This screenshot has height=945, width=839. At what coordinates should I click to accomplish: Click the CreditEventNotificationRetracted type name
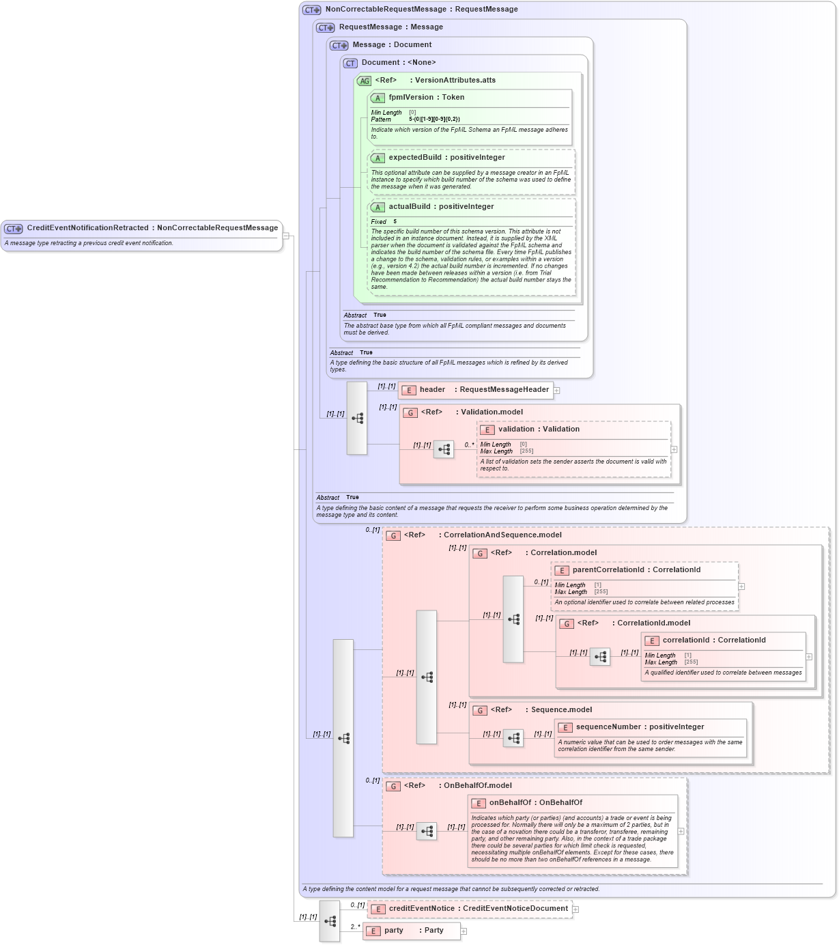coord(87,228)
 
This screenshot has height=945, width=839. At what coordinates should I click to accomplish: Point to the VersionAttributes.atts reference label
coord(455,81)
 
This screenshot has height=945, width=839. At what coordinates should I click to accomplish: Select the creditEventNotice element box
coord(470,909)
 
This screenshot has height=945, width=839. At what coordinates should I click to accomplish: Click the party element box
coord(412,931)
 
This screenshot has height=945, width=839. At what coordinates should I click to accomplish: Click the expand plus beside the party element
coord(464,931)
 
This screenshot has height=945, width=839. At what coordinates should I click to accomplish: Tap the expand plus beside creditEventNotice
coord(575,909)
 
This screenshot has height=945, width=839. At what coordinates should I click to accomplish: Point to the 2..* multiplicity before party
coord(355,927)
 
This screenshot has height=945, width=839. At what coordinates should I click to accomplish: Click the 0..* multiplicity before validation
coord(470,445)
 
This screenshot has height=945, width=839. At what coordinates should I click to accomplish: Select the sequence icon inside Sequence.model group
coord(513,738)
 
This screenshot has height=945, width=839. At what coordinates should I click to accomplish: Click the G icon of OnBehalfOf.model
coord(393,787)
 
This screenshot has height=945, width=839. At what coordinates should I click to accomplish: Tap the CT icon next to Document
coord(350,64)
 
